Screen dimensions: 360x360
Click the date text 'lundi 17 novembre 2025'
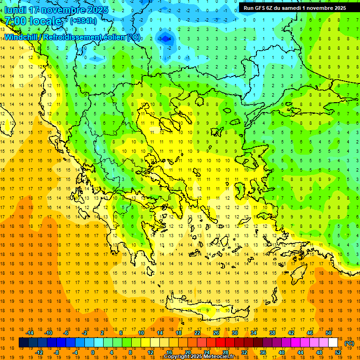(x=56, y=10)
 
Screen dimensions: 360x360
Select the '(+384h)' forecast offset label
(x=83, y=21)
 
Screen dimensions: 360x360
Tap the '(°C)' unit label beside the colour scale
(x=349, y=343)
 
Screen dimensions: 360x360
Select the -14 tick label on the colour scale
(x=30, y=333)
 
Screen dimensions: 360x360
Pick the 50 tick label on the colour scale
(x=328, y=333)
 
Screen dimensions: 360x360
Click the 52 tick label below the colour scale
(x=337, y=352)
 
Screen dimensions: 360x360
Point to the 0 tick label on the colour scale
(x=92, y=352)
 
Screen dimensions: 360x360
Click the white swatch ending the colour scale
(x=333, y=343)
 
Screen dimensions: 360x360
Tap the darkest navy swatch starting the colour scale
(x=23, y=343)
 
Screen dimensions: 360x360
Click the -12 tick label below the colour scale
(x=39, y=352)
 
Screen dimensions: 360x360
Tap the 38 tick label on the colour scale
(x=272, y=333)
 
